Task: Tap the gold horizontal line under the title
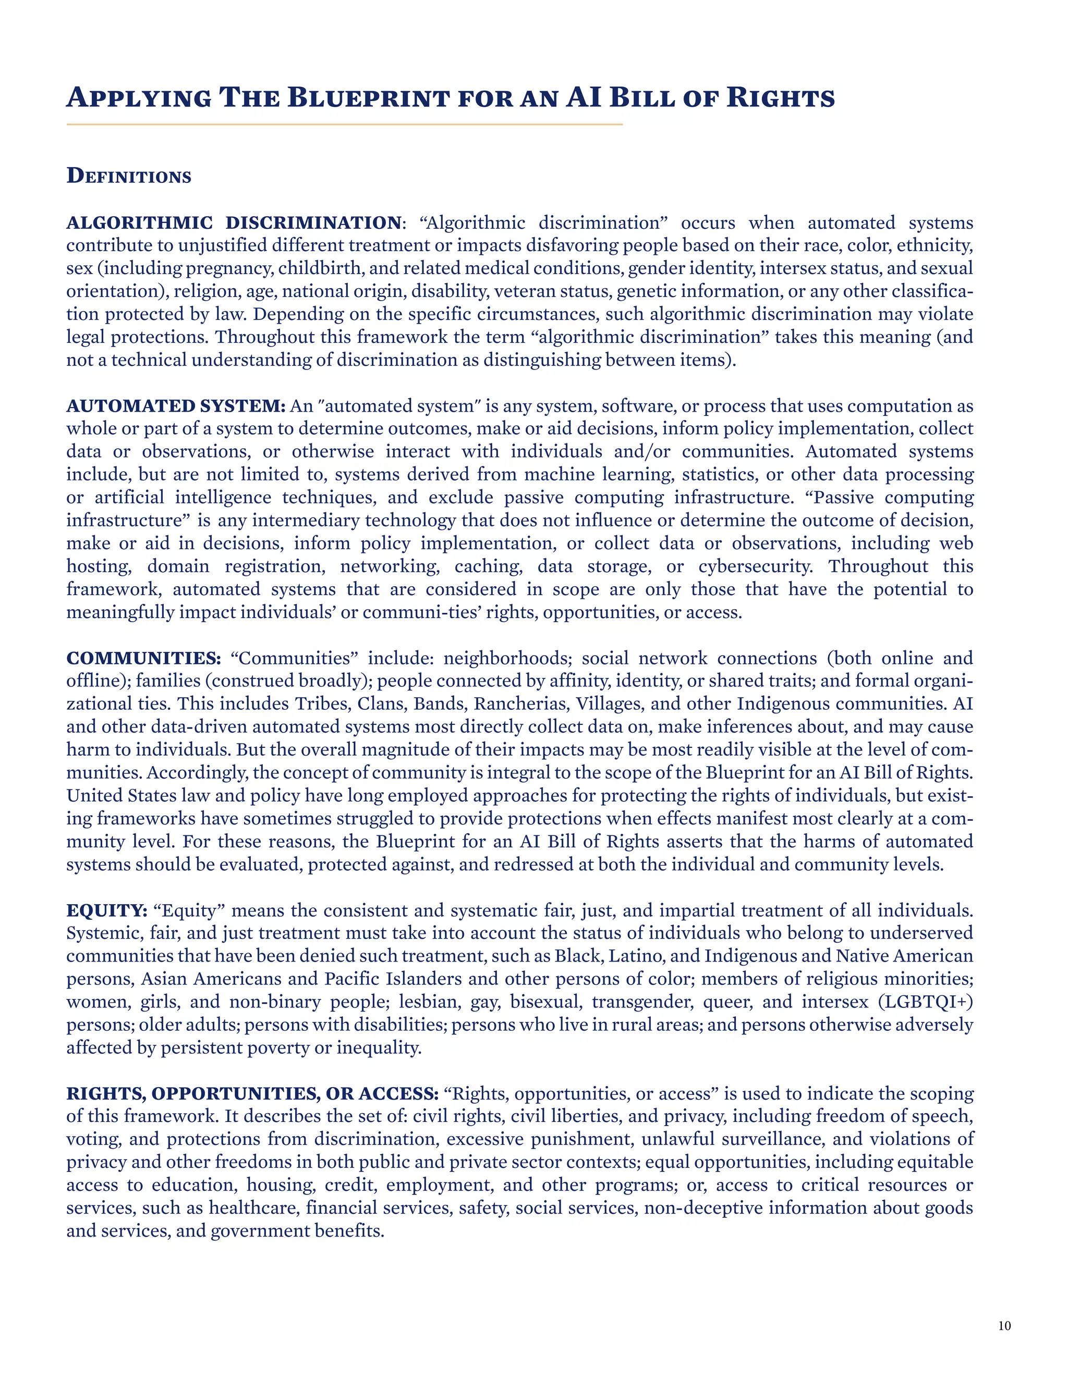(344, 125)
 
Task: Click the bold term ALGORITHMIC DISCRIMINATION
(234, 223)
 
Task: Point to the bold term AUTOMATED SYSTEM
(176, 405)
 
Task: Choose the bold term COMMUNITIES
(143, 658)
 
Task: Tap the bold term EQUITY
(107, 910)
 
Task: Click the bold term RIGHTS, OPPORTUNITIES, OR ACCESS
(252, 1093)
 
